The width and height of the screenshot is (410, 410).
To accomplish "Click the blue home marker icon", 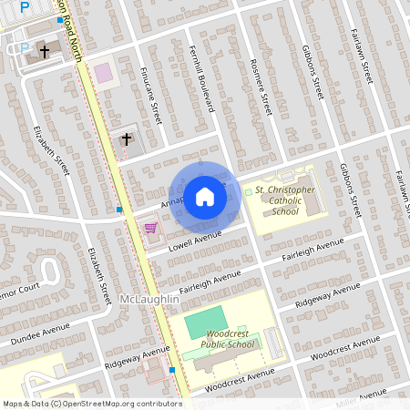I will click(205, 196).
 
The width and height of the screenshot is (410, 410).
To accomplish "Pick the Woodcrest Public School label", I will click(227, 340).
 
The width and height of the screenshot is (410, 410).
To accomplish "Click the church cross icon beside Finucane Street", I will click(127, 139).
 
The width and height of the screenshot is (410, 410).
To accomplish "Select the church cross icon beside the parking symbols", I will click(45, 53).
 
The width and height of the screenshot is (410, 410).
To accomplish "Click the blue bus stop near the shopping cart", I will click(120, 210).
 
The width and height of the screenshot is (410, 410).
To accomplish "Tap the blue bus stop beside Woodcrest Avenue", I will click(173, 371).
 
